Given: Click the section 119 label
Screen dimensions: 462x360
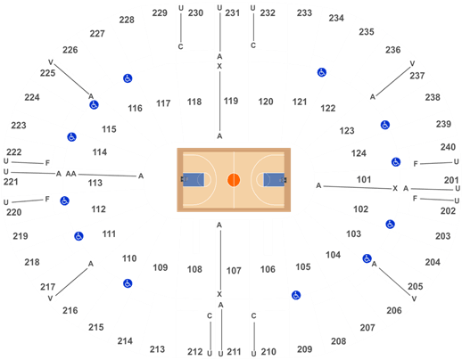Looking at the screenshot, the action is [x=231, y=101].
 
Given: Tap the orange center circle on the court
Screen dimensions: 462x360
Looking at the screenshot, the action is [x=234, y=180].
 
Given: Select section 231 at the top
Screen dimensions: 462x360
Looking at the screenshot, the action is [x=232, y=12].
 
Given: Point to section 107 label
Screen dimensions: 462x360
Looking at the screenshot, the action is [x=234, y=271].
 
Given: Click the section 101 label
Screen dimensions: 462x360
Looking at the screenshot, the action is [x=364, y=180].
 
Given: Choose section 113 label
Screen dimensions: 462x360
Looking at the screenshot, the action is [x=95, y=183].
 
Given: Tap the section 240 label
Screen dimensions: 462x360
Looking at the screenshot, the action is [x=448, y=147].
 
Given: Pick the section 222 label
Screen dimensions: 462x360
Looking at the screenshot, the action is [x=14, y=152].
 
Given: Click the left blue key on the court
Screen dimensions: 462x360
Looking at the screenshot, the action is [x=194, y=180].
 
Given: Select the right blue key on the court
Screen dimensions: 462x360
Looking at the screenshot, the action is [x=274, y=180].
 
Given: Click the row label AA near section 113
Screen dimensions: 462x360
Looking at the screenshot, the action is [x=71, y=174].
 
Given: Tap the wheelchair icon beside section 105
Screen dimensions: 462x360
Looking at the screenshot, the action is [x=296, y=295].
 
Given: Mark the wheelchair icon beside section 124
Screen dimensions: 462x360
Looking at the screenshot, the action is [x=396, y=162].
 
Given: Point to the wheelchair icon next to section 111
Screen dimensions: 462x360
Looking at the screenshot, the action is [x=78, y=236].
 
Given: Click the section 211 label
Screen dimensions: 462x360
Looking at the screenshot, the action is [x=234, y=352].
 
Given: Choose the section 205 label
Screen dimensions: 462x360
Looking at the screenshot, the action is [x=416, y=286].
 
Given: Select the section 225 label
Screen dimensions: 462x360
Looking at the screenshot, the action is [x=47, y=73].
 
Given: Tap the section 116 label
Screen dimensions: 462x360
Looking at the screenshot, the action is [x=135, y=108].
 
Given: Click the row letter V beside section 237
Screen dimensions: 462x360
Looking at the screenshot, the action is [x=412, y=63].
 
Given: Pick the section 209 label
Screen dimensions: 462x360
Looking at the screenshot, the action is [x=305, y=349].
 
